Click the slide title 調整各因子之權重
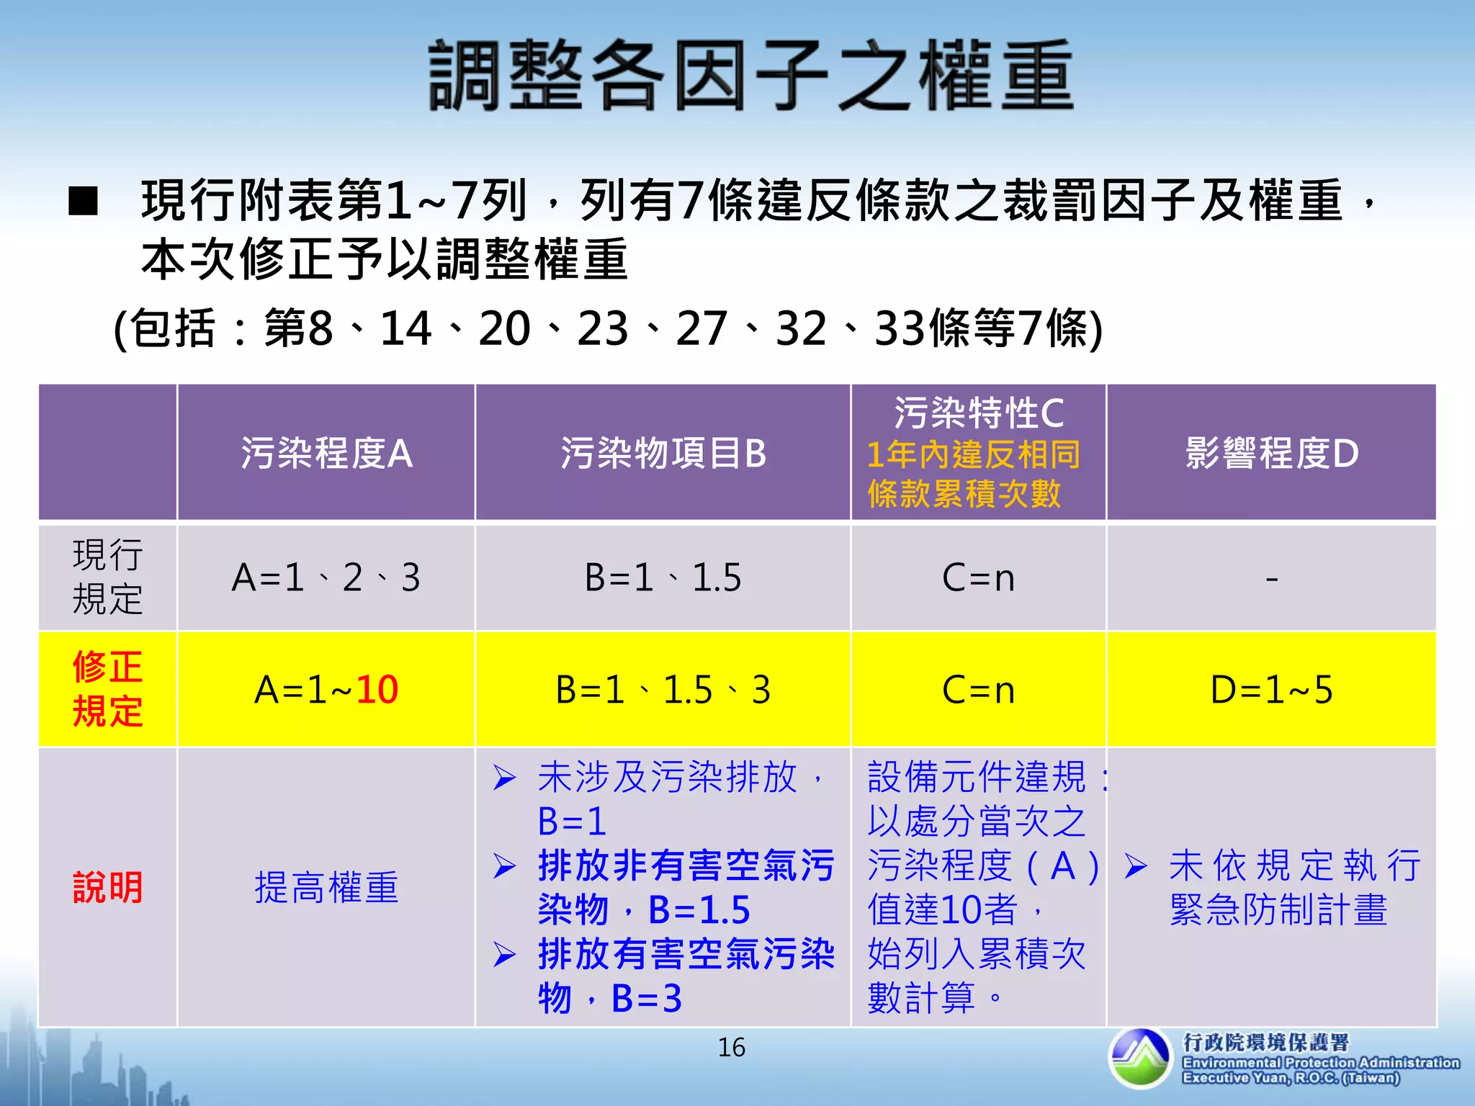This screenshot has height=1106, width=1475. (x=751, y=76)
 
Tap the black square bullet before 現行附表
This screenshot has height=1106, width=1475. (x=83, y=202)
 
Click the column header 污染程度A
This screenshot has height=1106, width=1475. (x=326, y=454)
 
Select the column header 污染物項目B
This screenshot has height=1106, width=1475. (x=663, y=454)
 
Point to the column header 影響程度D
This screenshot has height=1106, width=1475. (x=1271, y=454)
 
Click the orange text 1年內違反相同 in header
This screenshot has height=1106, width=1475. (x=973, y=455)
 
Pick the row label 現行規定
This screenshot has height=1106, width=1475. (x=107, y=577)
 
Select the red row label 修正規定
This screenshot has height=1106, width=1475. (x=107, y=689)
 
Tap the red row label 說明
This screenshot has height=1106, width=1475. (x=107, y=887)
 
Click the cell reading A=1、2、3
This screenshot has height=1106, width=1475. (x=326, y=577)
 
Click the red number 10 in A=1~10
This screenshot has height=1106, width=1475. (x=377, y=690)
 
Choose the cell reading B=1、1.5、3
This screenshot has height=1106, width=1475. (x=663, y=690)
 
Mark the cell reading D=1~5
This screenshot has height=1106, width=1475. (x=1271, y=690)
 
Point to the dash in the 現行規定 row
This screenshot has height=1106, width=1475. (x=1272, y=578)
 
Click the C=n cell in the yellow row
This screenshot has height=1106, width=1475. (x=978, y=690)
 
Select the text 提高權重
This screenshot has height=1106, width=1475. (x=326, y=887)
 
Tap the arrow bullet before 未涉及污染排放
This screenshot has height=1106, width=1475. (x=505, y=778)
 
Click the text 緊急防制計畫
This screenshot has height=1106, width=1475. (x=1278, y=909)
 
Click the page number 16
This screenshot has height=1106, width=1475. (x=731, y=1048)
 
